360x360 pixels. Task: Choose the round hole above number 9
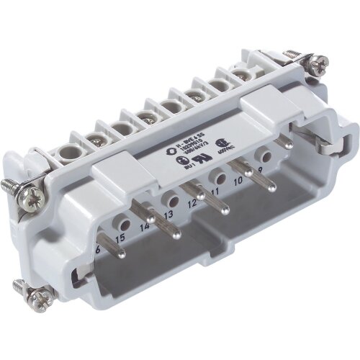[265, 154]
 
